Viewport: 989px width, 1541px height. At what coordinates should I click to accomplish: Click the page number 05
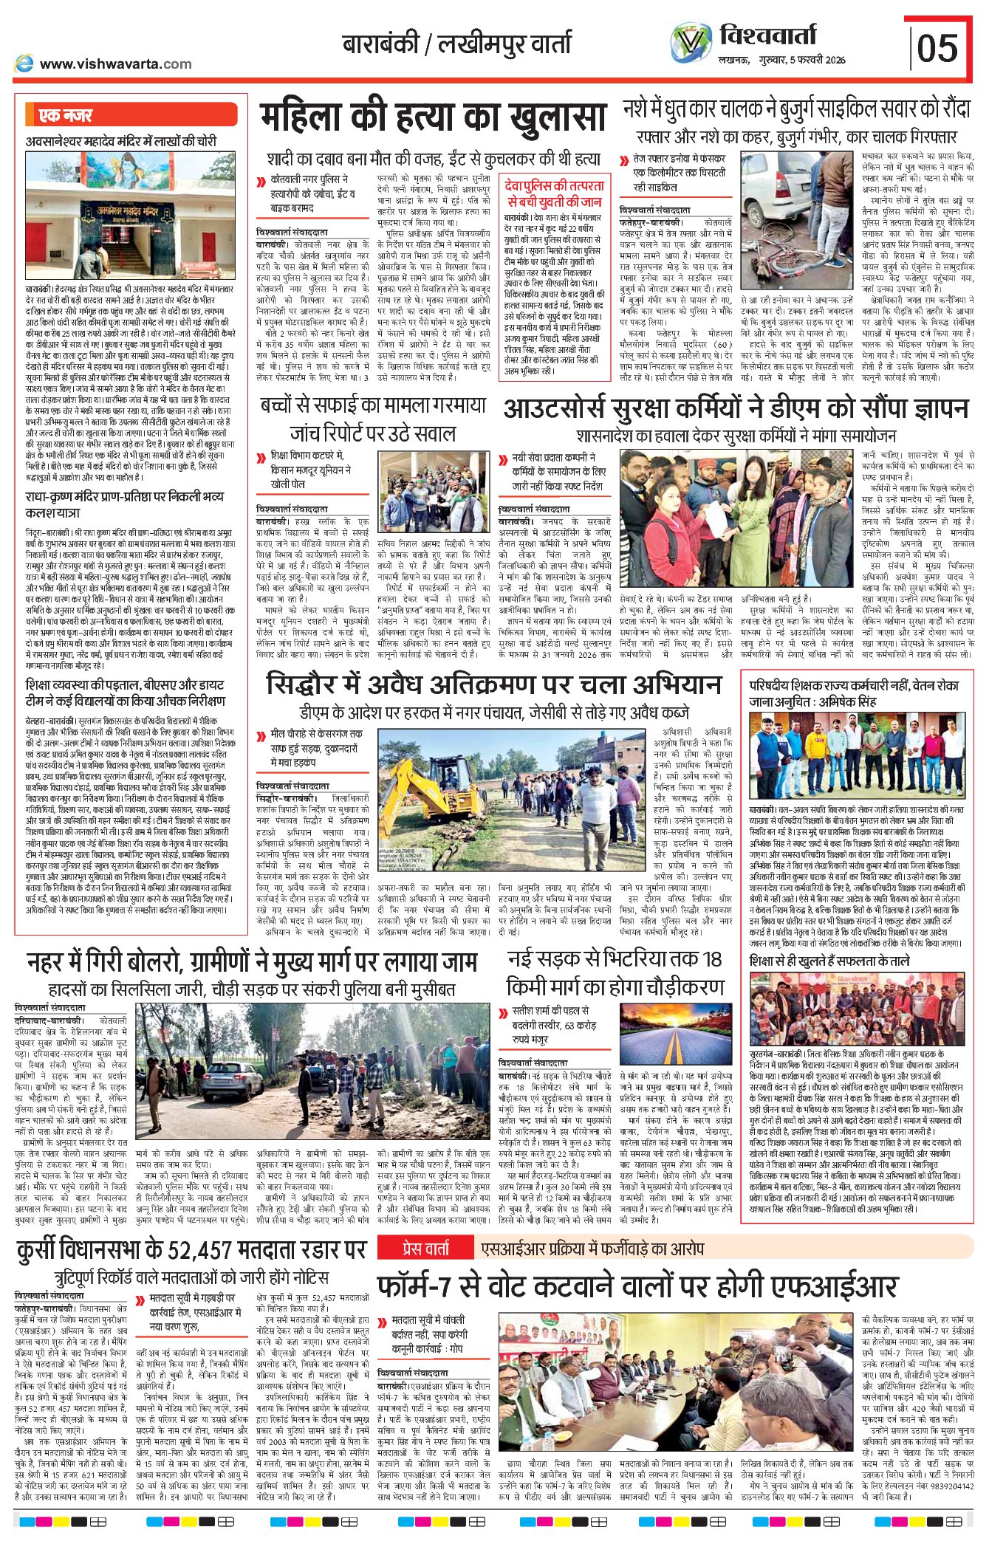(x=937, y=48)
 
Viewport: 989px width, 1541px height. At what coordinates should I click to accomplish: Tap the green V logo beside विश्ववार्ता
(x=691, y=44)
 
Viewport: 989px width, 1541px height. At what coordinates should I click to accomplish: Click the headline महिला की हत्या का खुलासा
(x=433, y=119)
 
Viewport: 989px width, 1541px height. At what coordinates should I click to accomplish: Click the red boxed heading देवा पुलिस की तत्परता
(x=555, y=193)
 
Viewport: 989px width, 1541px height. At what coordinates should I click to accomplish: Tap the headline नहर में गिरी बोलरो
(x=251, y=963)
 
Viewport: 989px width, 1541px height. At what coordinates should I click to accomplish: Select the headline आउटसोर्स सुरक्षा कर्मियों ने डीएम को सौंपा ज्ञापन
(x=735, y=408)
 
